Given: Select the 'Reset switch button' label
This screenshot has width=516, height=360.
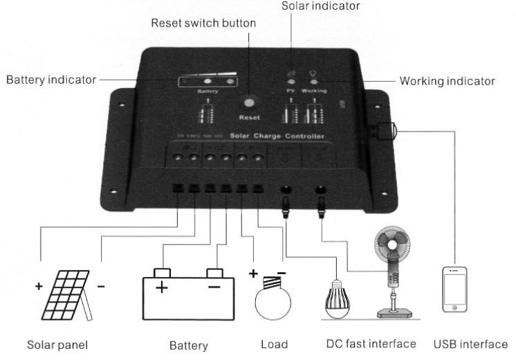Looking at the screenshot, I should [x=203, y=24].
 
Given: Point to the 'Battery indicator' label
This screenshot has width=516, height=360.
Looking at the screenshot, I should [x=51, y=80].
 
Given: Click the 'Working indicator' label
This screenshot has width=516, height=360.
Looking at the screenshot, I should [x=447, y=81].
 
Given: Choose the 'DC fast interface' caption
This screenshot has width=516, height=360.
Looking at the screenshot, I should [x=371, y=343].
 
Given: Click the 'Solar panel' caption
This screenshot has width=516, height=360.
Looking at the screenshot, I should [x=57, y=344].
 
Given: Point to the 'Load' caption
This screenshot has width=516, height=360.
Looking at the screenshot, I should [x=274, y=344].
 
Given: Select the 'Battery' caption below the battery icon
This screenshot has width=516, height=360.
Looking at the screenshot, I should [x=188, y=345].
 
